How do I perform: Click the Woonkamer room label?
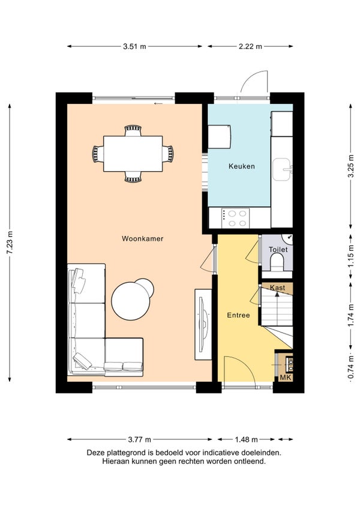click(142, 239)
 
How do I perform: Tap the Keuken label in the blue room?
click(242, 166)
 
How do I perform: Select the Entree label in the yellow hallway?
click(238, 315)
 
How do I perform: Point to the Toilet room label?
click(278, 250)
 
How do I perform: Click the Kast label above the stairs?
click(278, 288)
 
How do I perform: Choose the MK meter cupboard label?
click(286, 378)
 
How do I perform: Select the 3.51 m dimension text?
click(134, 46)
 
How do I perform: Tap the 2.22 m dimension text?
click(250, 46)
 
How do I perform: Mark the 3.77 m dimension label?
click(139, 439)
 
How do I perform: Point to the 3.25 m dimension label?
click(350, 166)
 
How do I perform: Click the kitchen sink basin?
click(281, 169)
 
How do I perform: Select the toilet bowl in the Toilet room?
click(277, 261)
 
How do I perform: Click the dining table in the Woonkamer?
click(133, 154)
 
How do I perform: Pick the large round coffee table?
click(131, 301)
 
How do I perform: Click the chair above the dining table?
click(133, 130)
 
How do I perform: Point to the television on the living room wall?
click(203, 325)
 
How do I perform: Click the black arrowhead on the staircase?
click(277, 294)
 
